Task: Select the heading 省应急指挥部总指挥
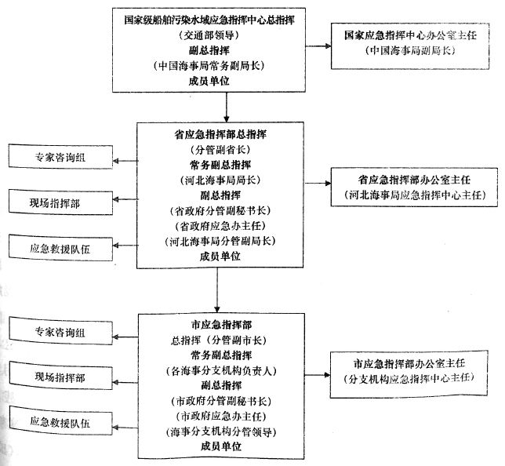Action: (x=220, y=134)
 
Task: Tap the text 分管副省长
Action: (x=220, y=149)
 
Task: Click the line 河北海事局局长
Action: (x=220, y=180)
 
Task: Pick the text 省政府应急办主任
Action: (x=220, y=225)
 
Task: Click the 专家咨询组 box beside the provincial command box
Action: (x=60, y=157)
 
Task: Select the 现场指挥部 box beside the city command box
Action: (x=60, y=377)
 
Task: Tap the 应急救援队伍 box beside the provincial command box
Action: (x=60, y=248)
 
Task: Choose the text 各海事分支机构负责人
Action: (x=220, y=370)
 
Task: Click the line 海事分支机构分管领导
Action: (x=220, y=431)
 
